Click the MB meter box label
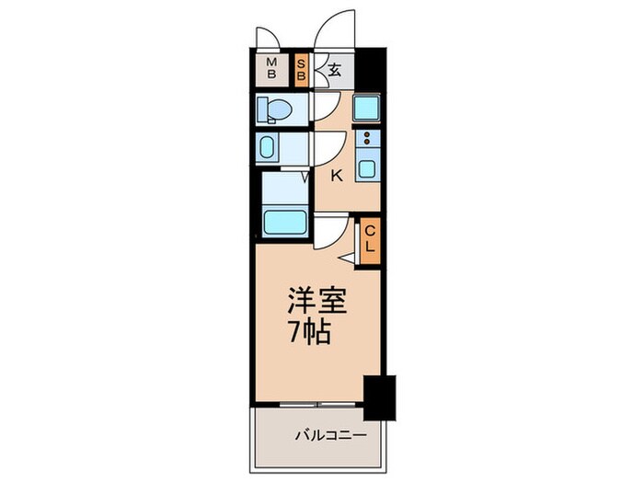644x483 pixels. pyautogui.click(x=271, y=70)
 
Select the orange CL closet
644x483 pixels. pyautogui.click(x=369, y=240)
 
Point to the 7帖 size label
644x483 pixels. pyautogui.click(x=307, y=331)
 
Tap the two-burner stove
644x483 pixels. pyautogui.click(x=367, y=140)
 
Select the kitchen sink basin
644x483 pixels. pyautogui.click(x=367, y=168)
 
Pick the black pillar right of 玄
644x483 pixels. pyautogui.click(x=369, y=70)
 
